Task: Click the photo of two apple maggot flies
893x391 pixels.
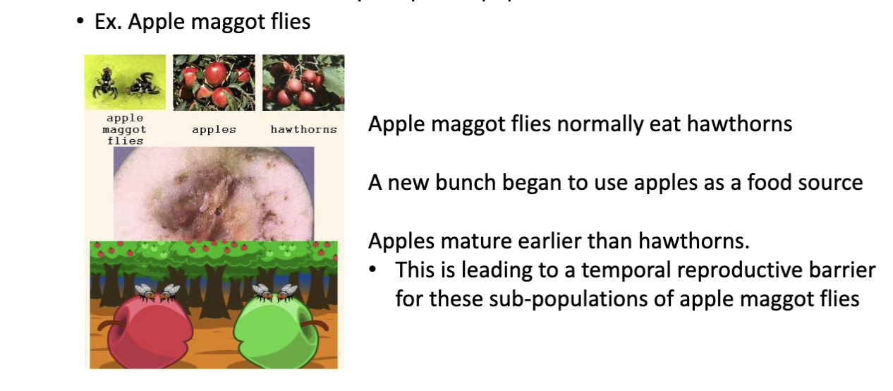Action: [x=125, y=82]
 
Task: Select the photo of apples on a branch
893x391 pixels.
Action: [x=214, y=82]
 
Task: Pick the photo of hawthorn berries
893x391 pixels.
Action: [x=303, y=82]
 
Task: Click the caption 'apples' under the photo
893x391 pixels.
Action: [x=214, y=130]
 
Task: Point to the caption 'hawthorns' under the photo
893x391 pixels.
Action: [x=303, y=130]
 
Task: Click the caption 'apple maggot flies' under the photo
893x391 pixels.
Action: [x=125, y=130]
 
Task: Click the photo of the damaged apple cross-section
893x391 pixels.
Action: [x=214, y=193]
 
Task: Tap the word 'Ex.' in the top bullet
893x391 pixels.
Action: [x=108, y=22]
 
